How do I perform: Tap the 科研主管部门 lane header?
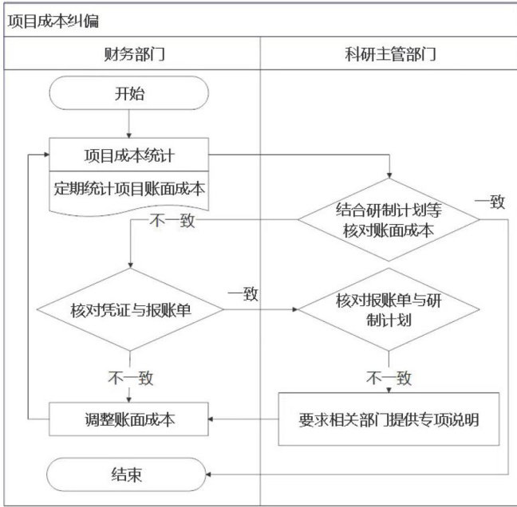point(387,55)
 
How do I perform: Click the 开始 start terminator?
point(129,94)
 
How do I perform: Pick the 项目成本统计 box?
point(129,154)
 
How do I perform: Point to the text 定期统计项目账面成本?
point(129,189)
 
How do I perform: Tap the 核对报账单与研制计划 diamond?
point(389,310)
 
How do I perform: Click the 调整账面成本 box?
point(129,419)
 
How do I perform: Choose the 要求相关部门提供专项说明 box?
point(389,419)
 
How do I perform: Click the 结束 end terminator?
point(129,475)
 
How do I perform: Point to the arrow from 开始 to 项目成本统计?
point(129,124)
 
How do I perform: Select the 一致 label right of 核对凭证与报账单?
point(243,294)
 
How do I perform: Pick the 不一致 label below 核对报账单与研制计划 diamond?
point(389,376)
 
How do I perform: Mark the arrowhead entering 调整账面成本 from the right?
point(214,419)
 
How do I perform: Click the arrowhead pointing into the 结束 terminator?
point(214,475)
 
